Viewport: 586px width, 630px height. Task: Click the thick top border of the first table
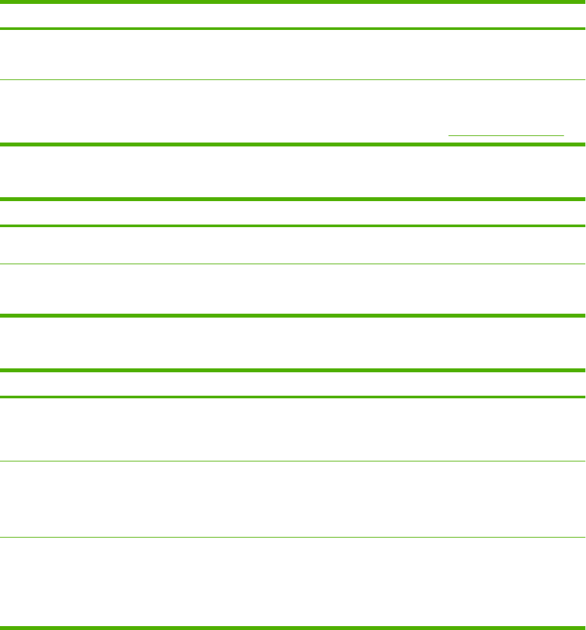tap(293, 2)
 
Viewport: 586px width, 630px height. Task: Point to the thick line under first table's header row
tap(293, 29)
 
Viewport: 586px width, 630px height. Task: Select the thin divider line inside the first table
tap(293, 80)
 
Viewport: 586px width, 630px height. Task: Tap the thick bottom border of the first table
tap(293, 144)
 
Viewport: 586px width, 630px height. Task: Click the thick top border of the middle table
tap(293, 199)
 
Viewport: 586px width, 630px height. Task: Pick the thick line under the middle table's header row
tap(293, 226)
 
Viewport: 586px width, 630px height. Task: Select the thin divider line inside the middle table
tap(293, 264)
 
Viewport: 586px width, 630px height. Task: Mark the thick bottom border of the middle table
tap(293, 316)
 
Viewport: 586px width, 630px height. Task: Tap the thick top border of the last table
tap(293, 370)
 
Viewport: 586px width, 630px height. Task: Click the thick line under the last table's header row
tap(293, 397)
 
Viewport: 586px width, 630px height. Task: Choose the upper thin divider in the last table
tap(293, 461)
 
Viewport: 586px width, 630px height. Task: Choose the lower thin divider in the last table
tap(293, 537)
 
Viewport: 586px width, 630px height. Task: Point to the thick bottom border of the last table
tap(293, 627)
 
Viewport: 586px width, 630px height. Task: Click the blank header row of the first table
tap(293, 16)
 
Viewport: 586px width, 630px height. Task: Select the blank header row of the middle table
tap(293, 213)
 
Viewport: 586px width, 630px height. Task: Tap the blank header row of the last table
tap(293, 384)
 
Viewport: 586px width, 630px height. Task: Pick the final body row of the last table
tap(293, 582)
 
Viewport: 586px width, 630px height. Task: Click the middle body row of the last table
tap(293, 499)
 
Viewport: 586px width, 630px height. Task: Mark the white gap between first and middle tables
tap(293, 172)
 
